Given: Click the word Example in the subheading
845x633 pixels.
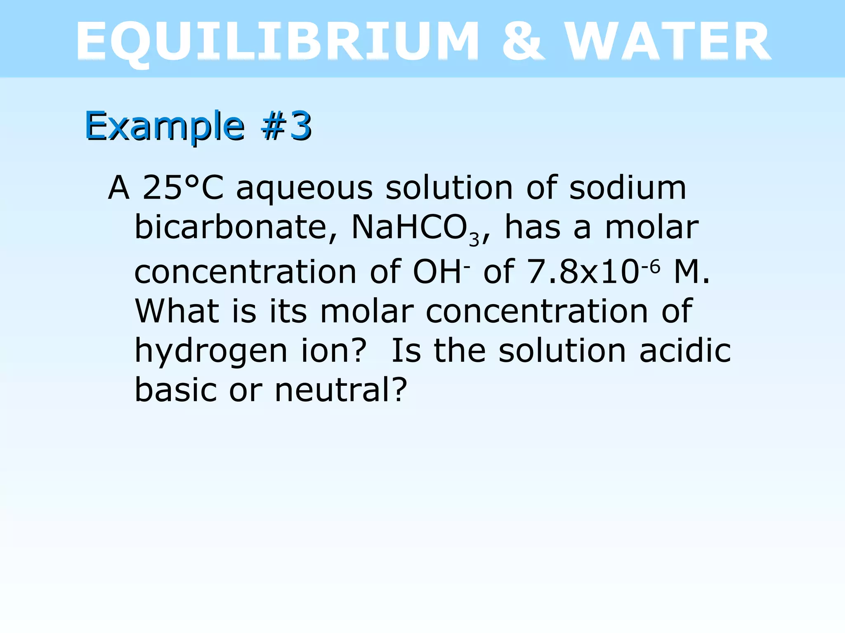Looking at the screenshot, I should pyautogui.click(x=165, y=126).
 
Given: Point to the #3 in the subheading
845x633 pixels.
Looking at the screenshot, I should pyautogui.click(x=286, y=126).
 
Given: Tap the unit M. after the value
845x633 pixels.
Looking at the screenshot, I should pyautogui.click(x=692, y=272).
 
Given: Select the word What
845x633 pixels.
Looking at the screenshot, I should pyautogui.click(x=177, y=311).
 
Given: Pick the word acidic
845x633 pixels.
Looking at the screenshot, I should pyautogui.click(x=685, y=351).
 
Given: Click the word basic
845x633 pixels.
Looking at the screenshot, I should pyautogui.click(x=176, y=390).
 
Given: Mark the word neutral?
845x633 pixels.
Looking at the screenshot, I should pyautogui.click(x=341, y=390).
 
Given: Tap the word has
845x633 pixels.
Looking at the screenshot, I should pyautogui.click(x=533, y=227).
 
